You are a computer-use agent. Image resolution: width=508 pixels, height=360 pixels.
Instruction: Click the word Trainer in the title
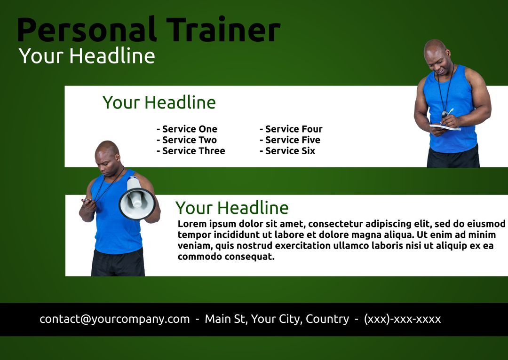tap(223, 30)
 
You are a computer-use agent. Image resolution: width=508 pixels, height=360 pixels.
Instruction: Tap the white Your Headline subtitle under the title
tap(87, 56)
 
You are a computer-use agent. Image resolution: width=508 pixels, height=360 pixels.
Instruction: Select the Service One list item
tap(187, 129)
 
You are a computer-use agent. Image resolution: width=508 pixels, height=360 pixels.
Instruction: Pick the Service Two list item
tap(187, 140)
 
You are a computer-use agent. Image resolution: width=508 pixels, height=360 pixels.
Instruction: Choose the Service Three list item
tap(190, 151)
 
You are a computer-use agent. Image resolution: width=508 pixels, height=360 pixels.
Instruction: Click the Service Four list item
tap(291, 129)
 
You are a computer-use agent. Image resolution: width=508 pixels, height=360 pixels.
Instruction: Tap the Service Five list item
tap(290, 140)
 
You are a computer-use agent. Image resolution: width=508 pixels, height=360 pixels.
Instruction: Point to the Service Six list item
tap(287, 151)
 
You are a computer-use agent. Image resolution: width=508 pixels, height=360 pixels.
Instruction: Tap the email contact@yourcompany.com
tap(115, 319)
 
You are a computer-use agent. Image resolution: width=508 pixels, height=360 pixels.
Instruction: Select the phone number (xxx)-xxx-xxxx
tap(402, 319)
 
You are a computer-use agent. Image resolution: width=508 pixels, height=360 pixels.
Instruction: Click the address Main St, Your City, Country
tap(277, 319)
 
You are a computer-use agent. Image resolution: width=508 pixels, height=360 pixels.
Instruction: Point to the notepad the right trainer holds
tap(445, 126)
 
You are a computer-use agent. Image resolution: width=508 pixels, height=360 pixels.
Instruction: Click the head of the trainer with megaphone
tap(107, 154)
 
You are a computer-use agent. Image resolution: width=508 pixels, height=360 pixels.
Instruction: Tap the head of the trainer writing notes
tap(437, 54)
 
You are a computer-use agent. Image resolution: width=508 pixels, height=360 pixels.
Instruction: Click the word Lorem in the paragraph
tap(191, 223)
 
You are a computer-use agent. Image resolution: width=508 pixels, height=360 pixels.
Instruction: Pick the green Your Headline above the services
tap(159, 102)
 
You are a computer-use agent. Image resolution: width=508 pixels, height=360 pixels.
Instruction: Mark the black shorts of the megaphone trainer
tap(118, 263)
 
